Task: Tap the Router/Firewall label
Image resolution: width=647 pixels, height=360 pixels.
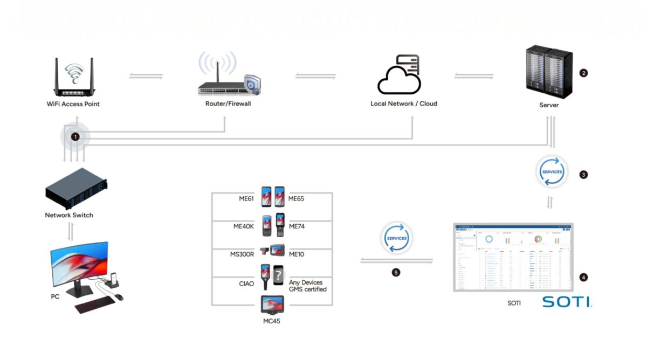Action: click(228, 104)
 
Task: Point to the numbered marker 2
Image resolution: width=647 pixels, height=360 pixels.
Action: click(583, 73)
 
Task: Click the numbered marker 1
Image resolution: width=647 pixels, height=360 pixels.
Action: click(75, 137)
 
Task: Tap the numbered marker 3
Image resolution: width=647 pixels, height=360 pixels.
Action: click(583, 175)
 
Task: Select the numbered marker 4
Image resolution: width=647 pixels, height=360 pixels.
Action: click(583, 278)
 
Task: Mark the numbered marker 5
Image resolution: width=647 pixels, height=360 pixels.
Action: click(396, 273)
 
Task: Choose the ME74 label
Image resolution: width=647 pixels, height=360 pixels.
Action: click(297, 226)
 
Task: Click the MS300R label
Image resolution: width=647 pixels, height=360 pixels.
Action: click(243, 253)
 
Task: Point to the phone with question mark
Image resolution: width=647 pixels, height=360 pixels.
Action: click(278, 276)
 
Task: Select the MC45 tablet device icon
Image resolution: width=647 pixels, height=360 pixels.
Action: click(273, 306)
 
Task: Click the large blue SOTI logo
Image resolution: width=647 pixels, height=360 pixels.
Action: click(566, 302)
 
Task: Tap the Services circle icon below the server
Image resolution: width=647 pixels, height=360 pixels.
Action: click(552, 172)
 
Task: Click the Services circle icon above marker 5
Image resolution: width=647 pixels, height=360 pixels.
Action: click(396, 238)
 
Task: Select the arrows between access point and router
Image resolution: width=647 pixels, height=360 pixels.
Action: click(146, 76)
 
